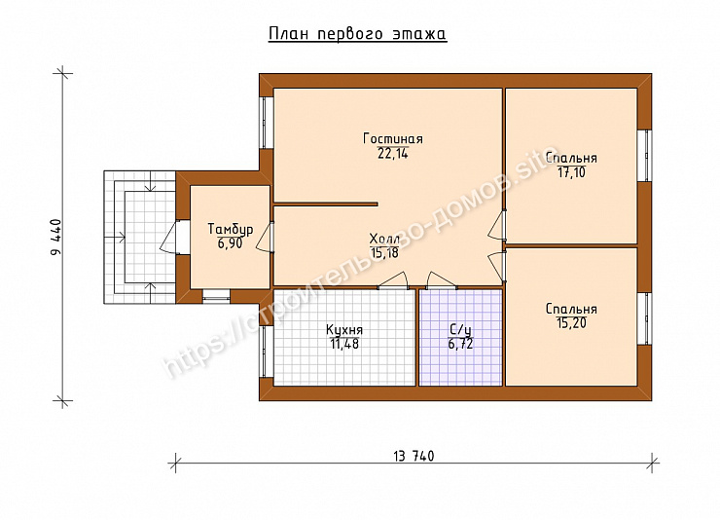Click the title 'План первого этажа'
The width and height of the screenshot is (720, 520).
357,34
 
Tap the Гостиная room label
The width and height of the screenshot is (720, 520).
393,138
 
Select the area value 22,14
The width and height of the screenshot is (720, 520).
393,154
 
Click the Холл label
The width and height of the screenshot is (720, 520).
384,239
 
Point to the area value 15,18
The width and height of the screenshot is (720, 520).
384,252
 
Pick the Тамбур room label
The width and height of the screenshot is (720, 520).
230,229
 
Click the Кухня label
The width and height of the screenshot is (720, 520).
344,330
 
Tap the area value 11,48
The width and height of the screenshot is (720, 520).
344,344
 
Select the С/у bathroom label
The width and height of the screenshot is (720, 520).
460,330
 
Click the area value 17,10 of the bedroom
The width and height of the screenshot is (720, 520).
572,172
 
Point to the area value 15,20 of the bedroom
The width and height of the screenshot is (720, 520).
572,323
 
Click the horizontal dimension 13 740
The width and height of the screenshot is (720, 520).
414,456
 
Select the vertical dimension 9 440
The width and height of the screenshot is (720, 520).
56,239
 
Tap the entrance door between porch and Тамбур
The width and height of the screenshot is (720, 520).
176,237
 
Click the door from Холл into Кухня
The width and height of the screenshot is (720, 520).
393,281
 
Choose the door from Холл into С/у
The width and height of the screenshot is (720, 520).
442,281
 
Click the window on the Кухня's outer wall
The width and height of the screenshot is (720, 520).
267,352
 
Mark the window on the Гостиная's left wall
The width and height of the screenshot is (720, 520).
267,123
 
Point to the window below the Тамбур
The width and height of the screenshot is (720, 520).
216,296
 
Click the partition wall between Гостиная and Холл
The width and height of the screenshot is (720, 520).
326,204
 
